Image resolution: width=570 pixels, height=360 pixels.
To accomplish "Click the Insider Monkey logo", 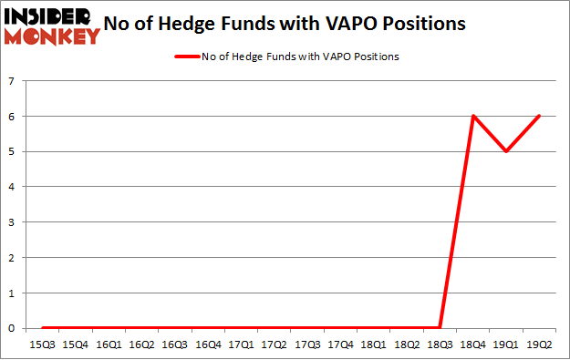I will click(x=51, y=26).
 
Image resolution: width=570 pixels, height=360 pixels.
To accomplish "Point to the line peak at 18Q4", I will click(x=473, y=116).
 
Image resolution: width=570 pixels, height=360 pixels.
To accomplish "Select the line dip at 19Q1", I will click(x=506, y=151).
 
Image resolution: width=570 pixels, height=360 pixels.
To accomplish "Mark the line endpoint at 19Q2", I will click(x=540, y=116).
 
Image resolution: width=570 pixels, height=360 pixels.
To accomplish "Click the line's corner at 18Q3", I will click(x=440, y=327).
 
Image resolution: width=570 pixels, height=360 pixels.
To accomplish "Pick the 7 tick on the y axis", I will click(x=12, y=81).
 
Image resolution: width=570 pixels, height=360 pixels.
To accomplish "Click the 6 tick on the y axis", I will click(x=12, y=117).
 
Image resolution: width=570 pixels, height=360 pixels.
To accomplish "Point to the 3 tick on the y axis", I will click(x=12, y=222).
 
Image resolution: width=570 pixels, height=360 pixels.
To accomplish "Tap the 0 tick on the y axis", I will click(x=12, y=328).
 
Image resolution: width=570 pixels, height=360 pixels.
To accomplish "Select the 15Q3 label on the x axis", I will click(x=42, y=345).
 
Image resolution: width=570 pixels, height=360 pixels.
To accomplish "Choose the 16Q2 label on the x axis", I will click(x=141, y=345).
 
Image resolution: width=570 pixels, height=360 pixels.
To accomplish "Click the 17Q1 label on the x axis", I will click(x=241, y=345).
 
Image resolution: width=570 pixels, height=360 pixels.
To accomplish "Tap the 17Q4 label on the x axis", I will click(x=340, y=345).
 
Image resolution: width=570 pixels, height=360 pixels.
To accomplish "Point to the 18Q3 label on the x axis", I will click(x=440, y=345).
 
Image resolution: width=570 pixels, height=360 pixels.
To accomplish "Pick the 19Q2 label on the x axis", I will click(x=540, y=345).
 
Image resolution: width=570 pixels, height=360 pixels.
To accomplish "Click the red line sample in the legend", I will click(x=190, y=57).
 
